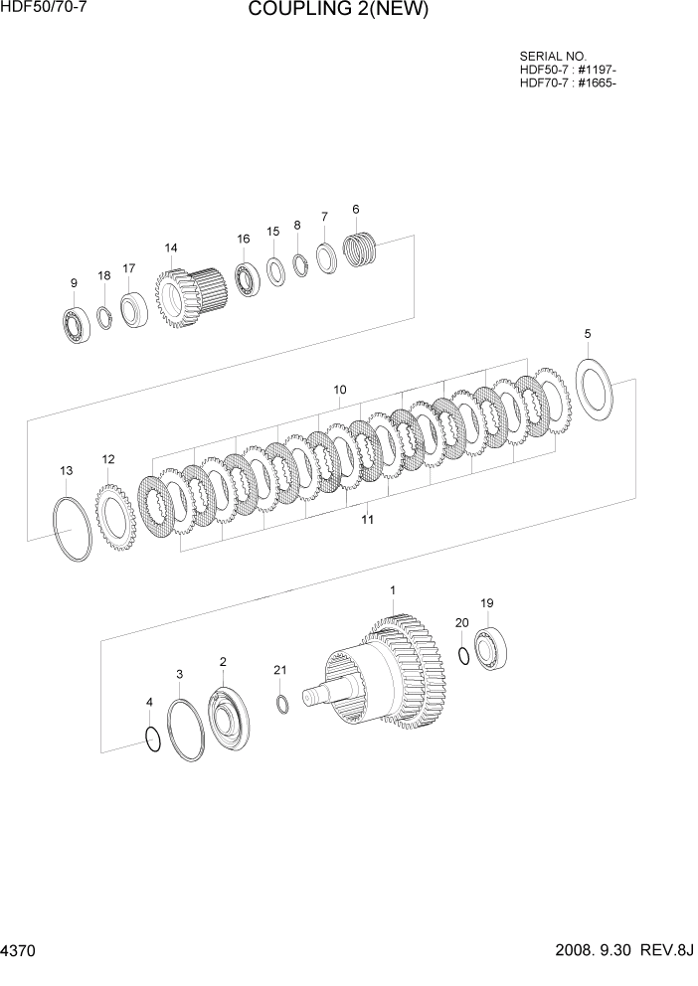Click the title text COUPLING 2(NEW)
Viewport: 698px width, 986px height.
[x=338, y=11]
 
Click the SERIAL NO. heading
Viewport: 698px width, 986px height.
[x=553, y=57]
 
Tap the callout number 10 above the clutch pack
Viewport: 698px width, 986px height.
[x=339, y=390]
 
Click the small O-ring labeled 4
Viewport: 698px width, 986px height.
[x=150, y=740]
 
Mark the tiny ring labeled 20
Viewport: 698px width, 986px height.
[x=463, y=654]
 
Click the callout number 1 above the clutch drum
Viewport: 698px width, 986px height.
[x=392, y=590]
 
